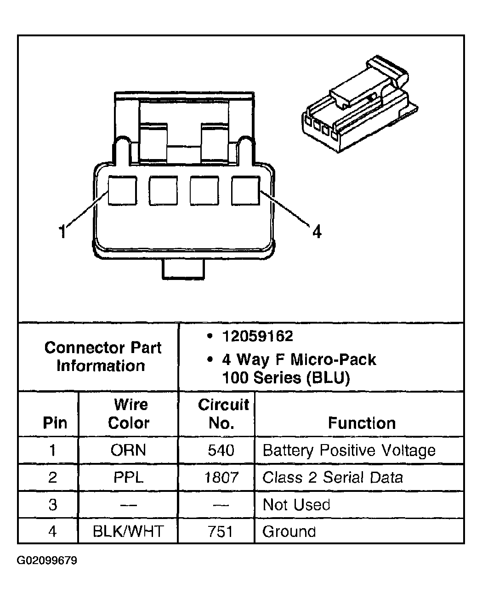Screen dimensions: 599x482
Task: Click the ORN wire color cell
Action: click(128, 450)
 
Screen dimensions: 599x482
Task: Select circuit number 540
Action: click(221, 450)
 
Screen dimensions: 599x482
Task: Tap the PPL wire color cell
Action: click(128, 477)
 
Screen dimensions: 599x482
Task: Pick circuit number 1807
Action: click(221, 477)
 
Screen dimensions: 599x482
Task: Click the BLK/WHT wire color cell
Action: click(128, 531)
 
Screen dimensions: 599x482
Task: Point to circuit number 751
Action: click(221, 531)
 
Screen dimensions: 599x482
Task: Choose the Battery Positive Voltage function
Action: click(349, 450)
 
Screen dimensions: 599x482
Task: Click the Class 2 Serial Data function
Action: click(332, 477)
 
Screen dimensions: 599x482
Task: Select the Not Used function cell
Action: click(296, 504)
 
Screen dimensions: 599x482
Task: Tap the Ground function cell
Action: click(289, 531)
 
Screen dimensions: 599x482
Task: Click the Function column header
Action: click(362, 423)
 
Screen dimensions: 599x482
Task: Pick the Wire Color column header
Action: click(129, 414)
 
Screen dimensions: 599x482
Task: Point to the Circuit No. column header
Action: click(222, 414)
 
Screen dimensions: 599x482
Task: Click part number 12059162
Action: click(257, 337)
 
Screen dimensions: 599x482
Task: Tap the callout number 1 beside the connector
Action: click(62, 231)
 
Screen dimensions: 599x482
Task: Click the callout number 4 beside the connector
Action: click(317, 231)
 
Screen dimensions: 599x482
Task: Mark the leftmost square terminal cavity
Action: click(122, 191)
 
